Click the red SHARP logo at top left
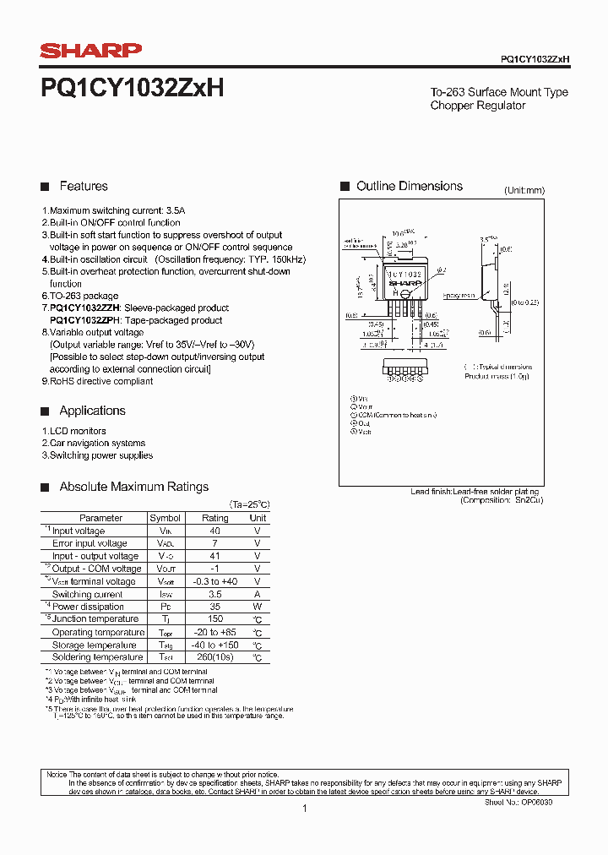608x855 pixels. pos(91,52)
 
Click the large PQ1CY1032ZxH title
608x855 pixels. pos(132,89)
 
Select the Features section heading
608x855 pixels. pos(83,186)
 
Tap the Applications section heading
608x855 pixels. pos(92,411)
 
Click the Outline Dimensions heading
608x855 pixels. pos(409,186)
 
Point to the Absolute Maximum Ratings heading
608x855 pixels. pos(133,487)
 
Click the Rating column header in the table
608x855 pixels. pos(214,518)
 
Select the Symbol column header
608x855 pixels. pos(165,518)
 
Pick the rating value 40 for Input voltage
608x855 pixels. pos(214,531)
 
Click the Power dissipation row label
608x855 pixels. pos(88,607)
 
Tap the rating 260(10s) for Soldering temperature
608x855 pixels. pos(214,657)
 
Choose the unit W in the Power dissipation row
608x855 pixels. pos(258,607)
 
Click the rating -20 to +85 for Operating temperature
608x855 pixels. pos(214,632)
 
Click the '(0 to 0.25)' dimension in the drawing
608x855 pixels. pos(523,302)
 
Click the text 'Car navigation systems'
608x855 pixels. pos(97,443)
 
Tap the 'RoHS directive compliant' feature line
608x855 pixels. pos(101,381)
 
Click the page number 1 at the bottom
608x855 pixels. pos(304,809)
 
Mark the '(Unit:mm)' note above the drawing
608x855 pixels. pos(524,191)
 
